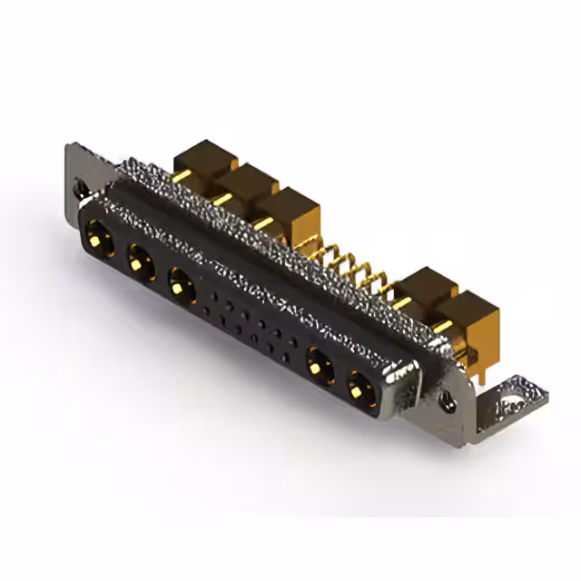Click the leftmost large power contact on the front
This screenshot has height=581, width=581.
pyautogui.click(x=95, y=241)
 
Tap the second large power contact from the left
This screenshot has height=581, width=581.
pyautogui.click(x=138, y=263)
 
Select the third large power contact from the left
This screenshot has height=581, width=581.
pyautogui.click(x=182, y=287)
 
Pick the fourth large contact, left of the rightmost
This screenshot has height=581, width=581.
pyautogui.click(x=318, y=368)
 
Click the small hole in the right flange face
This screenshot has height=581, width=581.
pyautogui.click(x=448, y=399)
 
